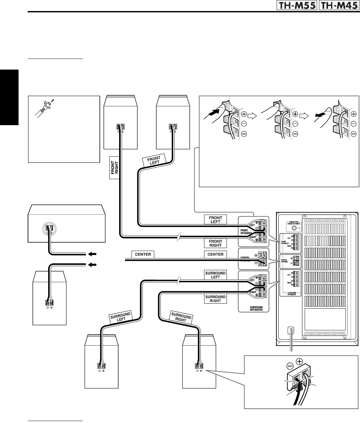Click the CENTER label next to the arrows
(143, 254)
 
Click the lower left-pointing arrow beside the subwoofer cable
(92, 265)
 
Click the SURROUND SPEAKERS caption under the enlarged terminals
(254, 308)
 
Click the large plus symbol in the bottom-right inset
(300, 362)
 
